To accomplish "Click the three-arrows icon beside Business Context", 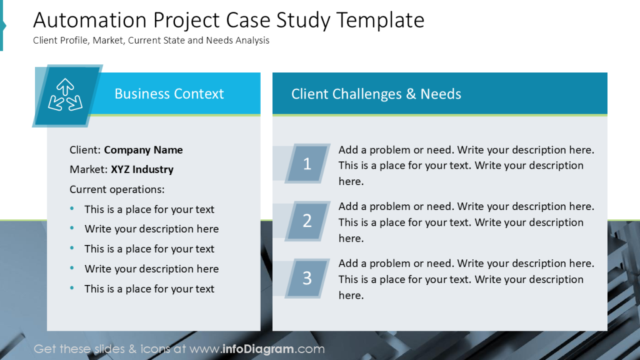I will coord(65,95).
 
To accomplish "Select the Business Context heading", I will coord(169,94).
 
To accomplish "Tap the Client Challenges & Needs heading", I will coord(376,94).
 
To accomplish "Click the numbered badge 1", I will coord(307,164).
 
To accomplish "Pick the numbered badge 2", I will coord(307,221).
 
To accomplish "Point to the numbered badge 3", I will coord(307,277).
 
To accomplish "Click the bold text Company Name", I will coord(143,150).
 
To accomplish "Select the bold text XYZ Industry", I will coord(142,169).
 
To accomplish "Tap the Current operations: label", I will coord(117,189).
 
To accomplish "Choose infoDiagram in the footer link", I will coord(259,349).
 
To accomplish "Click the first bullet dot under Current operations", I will coord(72,209).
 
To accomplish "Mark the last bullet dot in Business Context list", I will coord(72,289).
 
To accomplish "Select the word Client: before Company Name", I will coord(85,150).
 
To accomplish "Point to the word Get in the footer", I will coord(45,349).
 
